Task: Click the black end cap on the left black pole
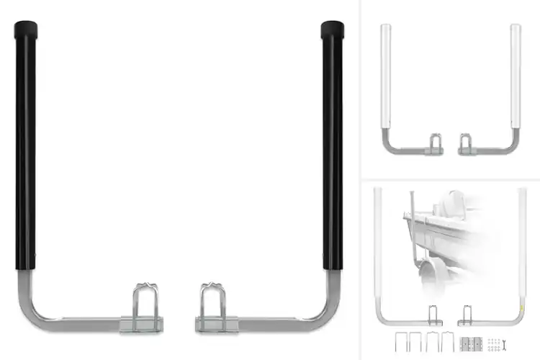(x=26, y=31)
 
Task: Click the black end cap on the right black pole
(x=332, y=30)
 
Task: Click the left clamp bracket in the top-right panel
(x=436, y=144)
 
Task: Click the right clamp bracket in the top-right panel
(x=466, y=144)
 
